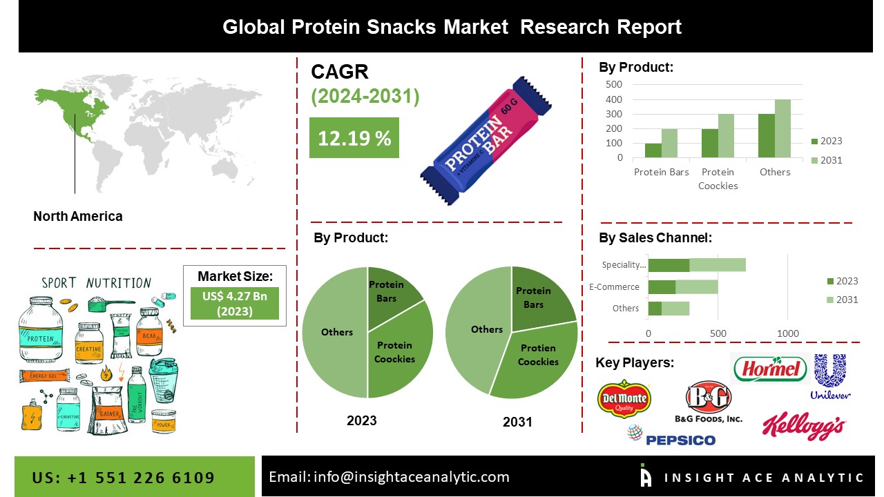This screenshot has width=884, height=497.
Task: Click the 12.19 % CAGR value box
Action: point(354,138)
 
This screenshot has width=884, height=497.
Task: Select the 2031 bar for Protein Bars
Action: point(669,143)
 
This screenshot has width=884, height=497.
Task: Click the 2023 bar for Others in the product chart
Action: point(766,136)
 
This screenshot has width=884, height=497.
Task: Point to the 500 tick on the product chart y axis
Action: point(614,84)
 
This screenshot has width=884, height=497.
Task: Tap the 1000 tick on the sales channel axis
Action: point(788,334)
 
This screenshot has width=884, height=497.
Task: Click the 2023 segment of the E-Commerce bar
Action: point(662,286)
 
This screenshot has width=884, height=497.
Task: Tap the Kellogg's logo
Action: point(803,427)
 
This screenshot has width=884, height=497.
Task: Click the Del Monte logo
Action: point(624,398)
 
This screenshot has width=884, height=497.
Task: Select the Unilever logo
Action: point(829,377)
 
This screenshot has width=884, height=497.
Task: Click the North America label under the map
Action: point(77,216)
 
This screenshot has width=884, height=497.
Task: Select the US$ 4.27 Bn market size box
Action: point(235,303)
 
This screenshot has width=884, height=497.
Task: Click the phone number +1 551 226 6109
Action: point(124,478)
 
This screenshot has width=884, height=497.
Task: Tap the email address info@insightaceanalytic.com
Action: point(389,477)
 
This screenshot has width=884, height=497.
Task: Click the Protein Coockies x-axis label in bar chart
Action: point(718,179)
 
